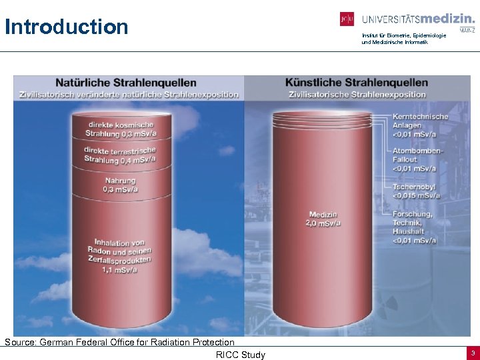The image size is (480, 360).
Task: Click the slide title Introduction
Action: coord(66,27)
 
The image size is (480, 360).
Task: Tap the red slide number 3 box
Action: coord(472,353)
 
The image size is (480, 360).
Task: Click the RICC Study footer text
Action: coord(240,355)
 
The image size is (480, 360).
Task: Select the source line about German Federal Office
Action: coord(120,342)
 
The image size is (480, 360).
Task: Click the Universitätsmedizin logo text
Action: coord(418,19)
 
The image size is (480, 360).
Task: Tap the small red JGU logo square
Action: coord(347,19)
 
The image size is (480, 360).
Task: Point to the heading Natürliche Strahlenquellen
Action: coord(126,83)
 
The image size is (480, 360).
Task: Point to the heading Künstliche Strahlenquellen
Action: coord(357,83)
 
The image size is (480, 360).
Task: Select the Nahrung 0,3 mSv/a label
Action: coord(120,185)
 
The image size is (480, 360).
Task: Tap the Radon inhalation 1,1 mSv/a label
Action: coord(122,256)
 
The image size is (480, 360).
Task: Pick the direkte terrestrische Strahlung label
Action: coord(120,155)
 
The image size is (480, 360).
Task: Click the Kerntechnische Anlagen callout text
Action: coord(420,125)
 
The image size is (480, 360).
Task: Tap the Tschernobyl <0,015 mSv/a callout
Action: coord(416,191)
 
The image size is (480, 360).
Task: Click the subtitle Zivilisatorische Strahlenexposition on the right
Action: coord(357,95)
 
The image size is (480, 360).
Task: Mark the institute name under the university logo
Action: coord(395,39)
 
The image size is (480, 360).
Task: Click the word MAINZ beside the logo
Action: coord(467,30)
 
